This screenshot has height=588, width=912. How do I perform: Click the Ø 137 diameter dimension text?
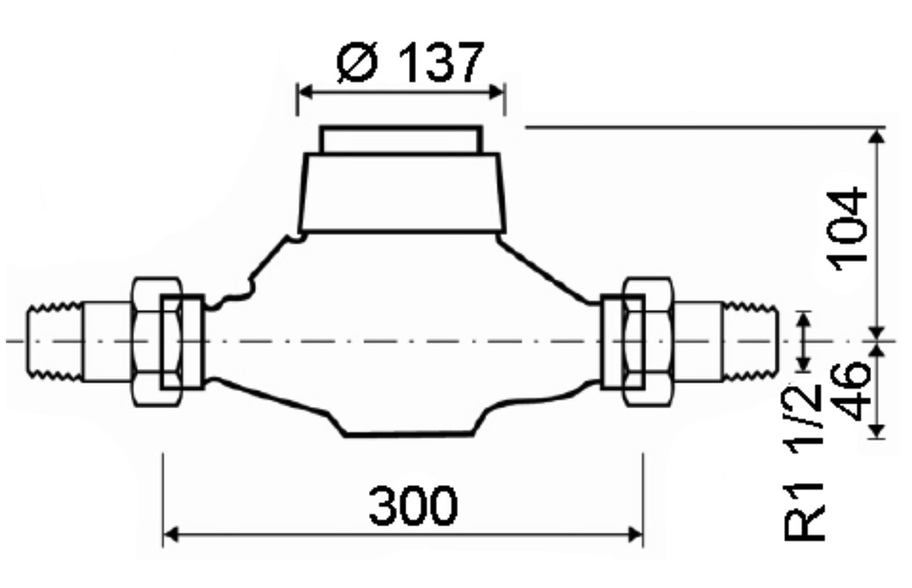(410, 62)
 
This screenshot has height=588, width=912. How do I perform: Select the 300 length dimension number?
(414, 505)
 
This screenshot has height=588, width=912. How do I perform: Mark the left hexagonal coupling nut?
(157, 342)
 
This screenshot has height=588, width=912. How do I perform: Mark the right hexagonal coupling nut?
(648, 342)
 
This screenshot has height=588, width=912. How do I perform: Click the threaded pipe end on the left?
(54, 342)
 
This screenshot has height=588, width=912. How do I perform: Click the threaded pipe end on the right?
(751, 342)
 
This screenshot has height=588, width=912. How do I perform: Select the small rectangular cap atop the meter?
(402, 140)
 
